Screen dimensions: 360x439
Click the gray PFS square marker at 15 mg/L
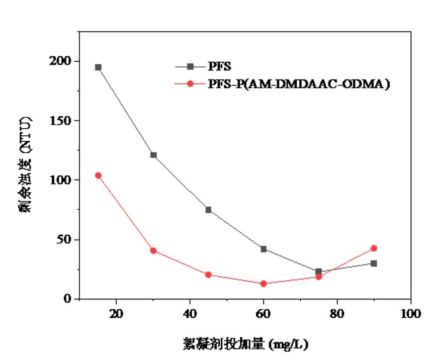point(98,67)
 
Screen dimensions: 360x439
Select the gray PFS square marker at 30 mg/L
point(154,155)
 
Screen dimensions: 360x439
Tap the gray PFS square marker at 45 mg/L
point(208,210)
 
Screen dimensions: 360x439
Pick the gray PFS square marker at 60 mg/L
point(263,249)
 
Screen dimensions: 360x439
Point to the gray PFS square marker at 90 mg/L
point(374,263)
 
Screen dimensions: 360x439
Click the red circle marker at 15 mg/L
point(98,176)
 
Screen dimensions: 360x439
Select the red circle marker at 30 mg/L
point(154,251)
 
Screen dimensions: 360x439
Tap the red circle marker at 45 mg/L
point(208,274)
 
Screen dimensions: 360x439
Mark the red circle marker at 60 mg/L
point(263,283)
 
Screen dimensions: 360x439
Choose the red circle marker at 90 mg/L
point(374,248)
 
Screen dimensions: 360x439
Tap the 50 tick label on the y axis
point(66,240)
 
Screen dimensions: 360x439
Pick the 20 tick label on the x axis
point(116,314)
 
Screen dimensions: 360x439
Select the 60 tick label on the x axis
point(263,314)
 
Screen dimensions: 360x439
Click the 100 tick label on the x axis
point(411,314)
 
